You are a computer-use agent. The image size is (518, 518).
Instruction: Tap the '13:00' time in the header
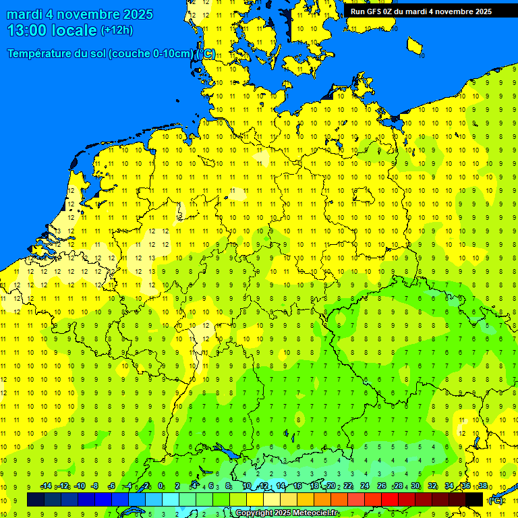click(x=25, y=30)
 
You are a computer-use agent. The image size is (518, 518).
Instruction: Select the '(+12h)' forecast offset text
click(x=117, y=30)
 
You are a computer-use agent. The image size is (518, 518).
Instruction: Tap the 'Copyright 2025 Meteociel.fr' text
click(x=287, y=513)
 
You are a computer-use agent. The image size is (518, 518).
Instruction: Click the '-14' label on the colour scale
click(x=46, y=486)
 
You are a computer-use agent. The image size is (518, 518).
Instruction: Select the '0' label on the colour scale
click(x=161, y=486)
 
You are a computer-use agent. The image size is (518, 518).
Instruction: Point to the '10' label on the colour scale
click(x=247, y=486)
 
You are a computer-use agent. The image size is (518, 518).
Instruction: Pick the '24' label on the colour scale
click(x=364, y=486)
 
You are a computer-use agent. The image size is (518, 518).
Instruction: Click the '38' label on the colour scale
click(x=483, y=486)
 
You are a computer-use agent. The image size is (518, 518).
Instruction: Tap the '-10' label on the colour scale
click(x=79, y=486)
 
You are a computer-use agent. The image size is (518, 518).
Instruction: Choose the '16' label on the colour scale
click(x=297, y=486)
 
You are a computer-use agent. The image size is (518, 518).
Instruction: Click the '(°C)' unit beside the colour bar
click(x=495, y=500)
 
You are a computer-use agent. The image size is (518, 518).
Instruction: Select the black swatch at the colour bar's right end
click(x=474, y=499)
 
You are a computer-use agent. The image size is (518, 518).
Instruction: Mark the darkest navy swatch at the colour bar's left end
click(x=36, y=499)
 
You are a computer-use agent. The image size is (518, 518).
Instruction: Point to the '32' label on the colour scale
click(x=432, y=486)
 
